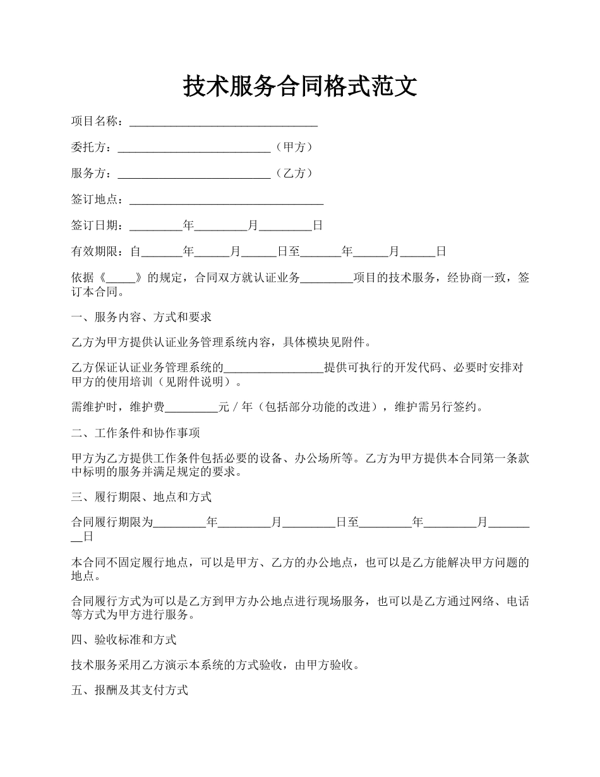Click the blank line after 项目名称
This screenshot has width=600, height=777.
(x=223, y=122)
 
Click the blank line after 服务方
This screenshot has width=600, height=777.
(x=194, y=174)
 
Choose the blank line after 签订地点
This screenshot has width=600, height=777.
(x=226, y=200)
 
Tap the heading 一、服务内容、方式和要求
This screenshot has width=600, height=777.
(x=141, y=317)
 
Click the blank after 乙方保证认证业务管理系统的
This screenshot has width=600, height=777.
(x=274, y=368)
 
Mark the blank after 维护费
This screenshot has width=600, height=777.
(x=191, y=407)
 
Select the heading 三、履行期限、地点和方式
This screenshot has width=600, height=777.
(x=141, y=497)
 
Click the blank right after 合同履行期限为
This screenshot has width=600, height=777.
(x=180, y=522)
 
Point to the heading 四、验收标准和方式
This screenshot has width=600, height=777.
(x=123, y=639)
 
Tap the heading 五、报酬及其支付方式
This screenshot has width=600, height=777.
(x=129, y=690)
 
